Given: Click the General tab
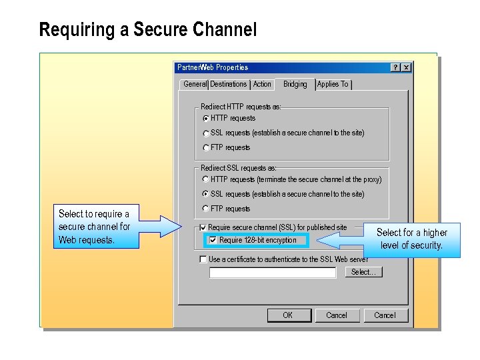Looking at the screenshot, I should pyautogui.click(x=195, y=84).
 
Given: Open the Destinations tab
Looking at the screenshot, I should pyautogui.click(x=229, y=84).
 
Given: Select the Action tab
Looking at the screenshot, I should pyautogui.click(x=262, y=84).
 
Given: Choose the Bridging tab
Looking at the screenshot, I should pyautogui.click(x=295, y=84).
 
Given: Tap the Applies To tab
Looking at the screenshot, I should pyautogui.click(x=333, y=84).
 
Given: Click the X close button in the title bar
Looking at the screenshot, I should pyautogui.click(x=406, y=67).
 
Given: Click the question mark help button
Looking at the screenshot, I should pyautogui.click(x=395, y=67).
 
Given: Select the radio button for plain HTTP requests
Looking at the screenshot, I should pyautogui.click(x=205, y=119).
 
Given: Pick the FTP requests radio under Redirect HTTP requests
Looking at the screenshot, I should pyautogui.click(x=205, y=148).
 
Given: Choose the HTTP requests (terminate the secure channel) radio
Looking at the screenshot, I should pyautogui.click(x=205, y=179).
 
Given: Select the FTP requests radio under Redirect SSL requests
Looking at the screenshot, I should pyautogui.click(x=205, y=209).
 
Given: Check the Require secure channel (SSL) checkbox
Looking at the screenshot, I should pyautogui.click(x=203, y=228).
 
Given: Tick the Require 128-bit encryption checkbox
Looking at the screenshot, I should pyautogui.click(x=213, y=240).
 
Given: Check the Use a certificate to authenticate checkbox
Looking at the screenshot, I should pyautogui.click(x=203, y=259).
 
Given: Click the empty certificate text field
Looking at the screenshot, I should pyautogui.click(x=272, y=273).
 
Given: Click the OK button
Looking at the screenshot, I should pyautogui.click(x=288, y=315).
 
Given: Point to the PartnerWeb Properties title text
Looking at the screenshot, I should pyautogui.click(x=213, y=67).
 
